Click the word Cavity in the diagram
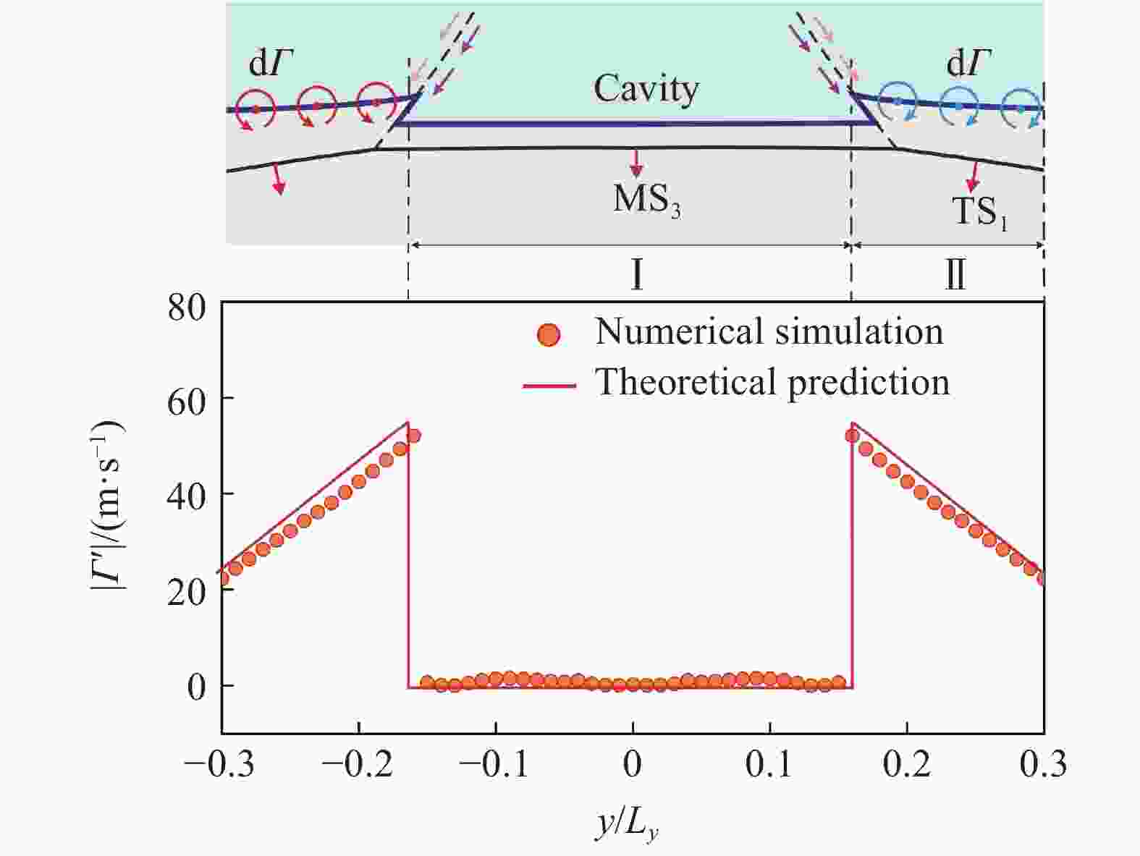click(x=646, y=90)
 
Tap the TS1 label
click(x=979, y=212)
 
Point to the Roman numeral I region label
click(x=636, y=274)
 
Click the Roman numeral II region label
click(x=955, y=275)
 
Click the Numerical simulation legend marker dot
click(x=549, y=335)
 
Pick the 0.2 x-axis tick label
click(x=907, y=765)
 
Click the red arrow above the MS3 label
click(x=636, y=164)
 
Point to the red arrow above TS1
click(x=974, y=177)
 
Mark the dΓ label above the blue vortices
click(x=970, y=64)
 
